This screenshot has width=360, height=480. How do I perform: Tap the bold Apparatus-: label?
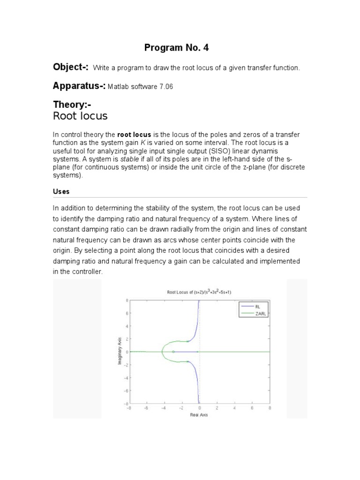tap(80, 86)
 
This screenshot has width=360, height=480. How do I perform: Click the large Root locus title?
tap(81, 116)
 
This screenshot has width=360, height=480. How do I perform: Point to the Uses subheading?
tap(62, 192)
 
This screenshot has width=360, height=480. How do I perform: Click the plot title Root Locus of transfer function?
tap(199, 292)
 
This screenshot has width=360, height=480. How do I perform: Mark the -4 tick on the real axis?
tap(164, 408)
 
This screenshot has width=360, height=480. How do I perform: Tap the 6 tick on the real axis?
tap(252, 408)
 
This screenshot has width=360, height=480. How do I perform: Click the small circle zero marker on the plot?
tap(173, 352)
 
